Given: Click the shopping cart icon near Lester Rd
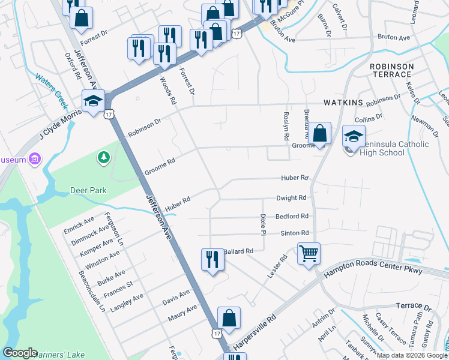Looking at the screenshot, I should pos(309,253).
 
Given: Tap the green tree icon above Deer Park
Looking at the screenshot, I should pos(104,157).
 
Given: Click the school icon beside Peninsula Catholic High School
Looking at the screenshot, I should pos(354,136).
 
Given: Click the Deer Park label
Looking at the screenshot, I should pos(88,190).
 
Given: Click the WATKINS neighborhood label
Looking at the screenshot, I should pos(343,103).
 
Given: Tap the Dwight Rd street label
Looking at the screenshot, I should pos(291,197).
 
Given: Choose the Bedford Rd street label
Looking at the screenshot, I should pos(292,216).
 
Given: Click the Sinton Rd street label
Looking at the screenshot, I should pos(294,233).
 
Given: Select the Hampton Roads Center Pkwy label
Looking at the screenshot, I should pos(373,271).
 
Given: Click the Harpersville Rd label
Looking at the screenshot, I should pos(255,332).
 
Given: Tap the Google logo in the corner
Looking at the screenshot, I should pos(20,353).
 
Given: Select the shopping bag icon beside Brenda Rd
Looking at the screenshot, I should pos(320,133).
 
